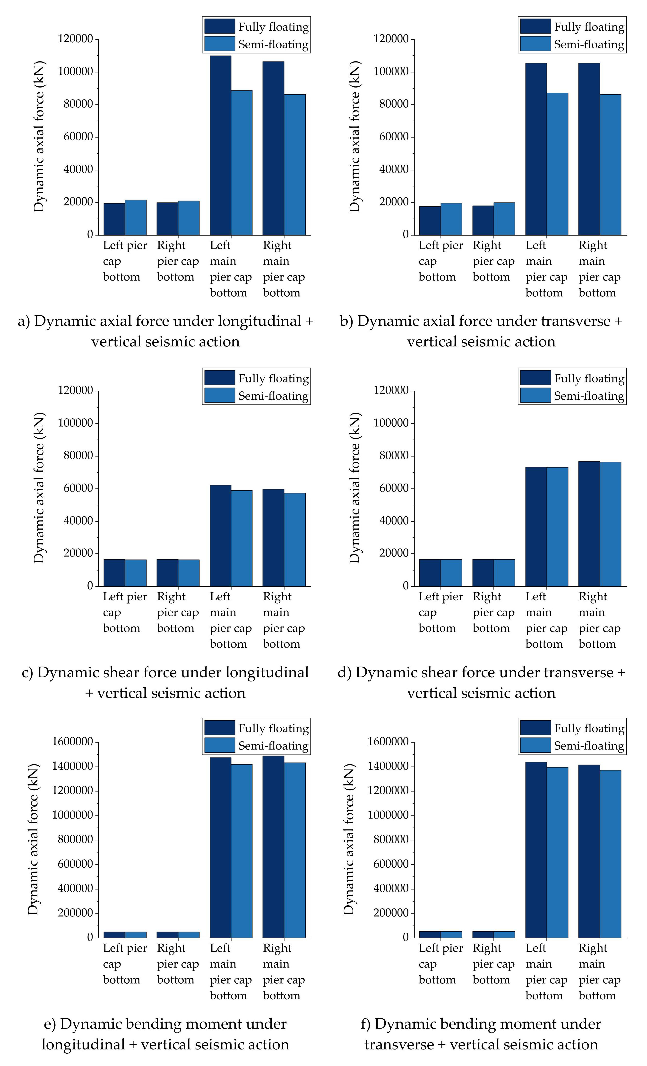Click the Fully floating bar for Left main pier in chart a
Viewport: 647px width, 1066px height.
[221, 145]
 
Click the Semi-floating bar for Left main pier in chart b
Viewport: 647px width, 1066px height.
[558, 164]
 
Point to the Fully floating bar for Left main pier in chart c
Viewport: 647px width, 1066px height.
[221, 536]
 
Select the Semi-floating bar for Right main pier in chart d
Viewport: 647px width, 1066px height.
[611, 524]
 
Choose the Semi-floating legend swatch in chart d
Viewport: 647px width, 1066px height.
[535, 396]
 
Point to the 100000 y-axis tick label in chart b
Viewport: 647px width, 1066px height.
[391, 71]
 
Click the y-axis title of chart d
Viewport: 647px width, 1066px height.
[355, 488]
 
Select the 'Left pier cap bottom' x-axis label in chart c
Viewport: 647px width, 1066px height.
[125, 612]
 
